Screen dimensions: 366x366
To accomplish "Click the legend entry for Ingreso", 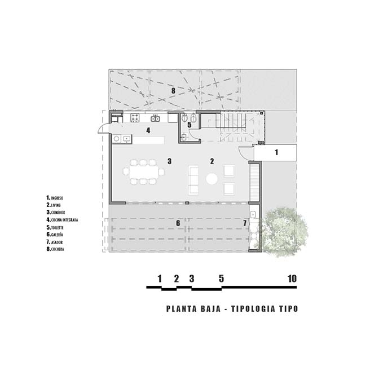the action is (x=55, y=198).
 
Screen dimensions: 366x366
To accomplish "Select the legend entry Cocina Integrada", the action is (x=62, y=220).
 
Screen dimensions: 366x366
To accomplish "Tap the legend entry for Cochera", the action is (x=55, y=249).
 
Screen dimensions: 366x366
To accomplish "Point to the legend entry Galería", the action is (x=55, y=235).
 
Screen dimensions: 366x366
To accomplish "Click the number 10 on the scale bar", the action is (x=292, y=279).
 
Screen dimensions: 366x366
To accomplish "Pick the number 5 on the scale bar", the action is (x=221, y=279).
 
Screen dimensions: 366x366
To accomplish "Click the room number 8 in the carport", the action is (x=173, y=91).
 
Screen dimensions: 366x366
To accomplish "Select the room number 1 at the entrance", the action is (x=276, y=152).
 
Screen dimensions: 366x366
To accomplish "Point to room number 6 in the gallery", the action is (x=178, y=223).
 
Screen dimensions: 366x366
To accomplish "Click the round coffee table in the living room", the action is (x=212, y=179).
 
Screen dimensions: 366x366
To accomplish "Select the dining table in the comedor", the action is (x=144, y=172).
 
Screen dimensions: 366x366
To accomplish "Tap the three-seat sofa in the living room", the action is (x=193, y=180).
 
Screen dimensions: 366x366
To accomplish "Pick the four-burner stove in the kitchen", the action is (x=135, y=118).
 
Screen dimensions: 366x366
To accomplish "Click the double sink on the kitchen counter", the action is (x=155, y=118).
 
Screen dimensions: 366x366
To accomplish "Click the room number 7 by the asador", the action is (x=245, y=223).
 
